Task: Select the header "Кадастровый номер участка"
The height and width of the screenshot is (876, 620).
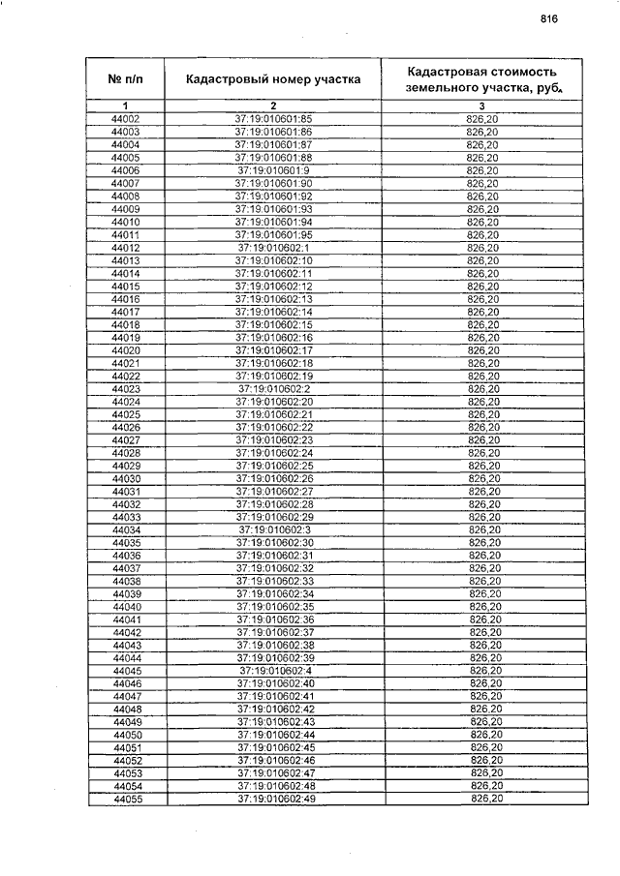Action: point(273,78)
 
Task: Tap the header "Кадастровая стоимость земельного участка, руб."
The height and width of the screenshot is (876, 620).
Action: point(482,78)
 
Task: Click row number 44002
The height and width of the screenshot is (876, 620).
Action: point(126,119)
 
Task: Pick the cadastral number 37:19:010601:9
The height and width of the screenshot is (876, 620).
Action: point(273,170)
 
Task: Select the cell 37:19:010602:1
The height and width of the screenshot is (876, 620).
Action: point(273,248)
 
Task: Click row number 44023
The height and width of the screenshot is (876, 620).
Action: point(127,389)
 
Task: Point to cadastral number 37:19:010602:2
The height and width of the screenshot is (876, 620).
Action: point(274,389)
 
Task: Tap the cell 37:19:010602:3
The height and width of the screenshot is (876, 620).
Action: point(274,530)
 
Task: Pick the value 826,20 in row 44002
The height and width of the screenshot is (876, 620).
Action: point(481,119)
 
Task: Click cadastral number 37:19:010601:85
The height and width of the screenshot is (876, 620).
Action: point(273,119)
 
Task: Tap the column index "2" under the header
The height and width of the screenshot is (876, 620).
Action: point(273,106)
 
